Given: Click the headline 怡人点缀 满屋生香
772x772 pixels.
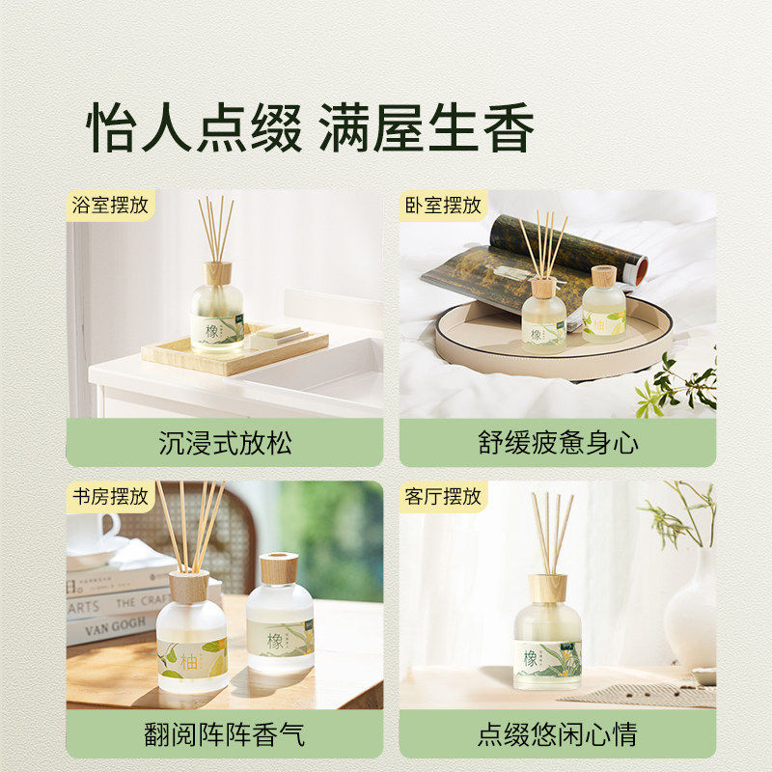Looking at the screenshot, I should tap(311, 129).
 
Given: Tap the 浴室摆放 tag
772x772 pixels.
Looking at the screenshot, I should tap(111, 206).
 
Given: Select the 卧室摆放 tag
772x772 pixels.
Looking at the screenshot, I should tap(443, 206).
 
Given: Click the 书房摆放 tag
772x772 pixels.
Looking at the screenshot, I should tap(111, 497).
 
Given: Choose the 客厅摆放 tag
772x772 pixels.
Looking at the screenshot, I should tap(443, 497).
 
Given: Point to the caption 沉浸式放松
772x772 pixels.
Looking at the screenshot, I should tap(224, 443).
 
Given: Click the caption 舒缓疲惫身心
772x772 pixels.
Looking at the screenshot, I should tap(558, 443).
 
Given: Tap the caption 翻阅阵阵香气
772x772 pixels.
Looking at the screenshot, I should tap(224, 734).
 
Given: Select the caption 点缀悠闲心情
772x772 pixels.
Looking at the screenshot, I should tap(558, 734).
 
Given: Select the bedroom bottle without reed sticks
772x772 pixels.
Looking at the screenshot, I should tap(604, 309).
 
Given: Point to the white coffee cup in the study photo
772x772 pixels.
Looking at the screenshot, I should tap(92, 536).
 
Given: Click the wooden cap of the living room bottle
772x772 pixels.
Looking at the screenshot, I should tap(547, 588).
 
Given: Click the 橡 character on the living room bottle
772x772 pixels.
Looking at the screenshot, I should tap(531, 658).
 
